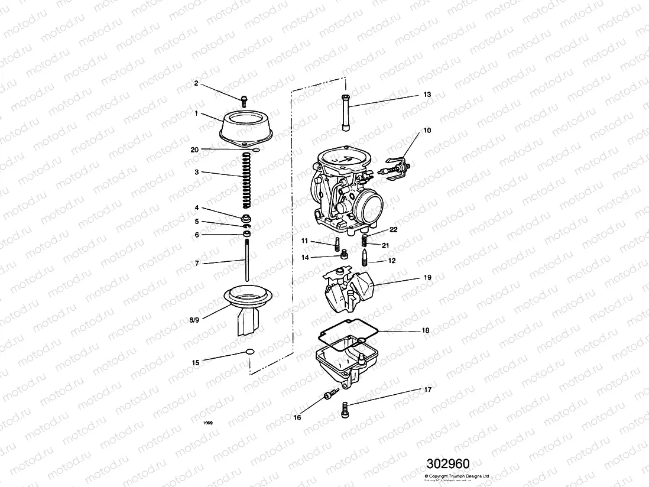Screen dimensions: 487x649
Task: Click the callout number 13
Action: coord(427,95)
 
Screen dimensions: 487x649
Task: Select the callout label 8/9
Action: coord(194,320)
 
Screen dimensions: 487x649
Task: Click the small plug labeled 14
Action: coord(342,254)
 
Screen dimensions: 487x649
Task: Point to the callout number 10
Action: coord(427,130)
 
